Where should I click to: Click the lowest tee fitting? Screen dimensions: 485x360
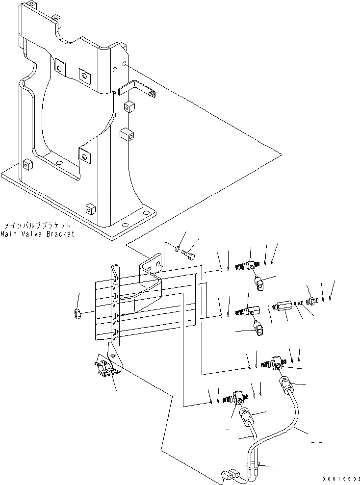(234, 400)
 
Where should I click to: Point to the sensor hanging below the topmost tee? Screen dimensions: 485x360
(259, 282)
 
